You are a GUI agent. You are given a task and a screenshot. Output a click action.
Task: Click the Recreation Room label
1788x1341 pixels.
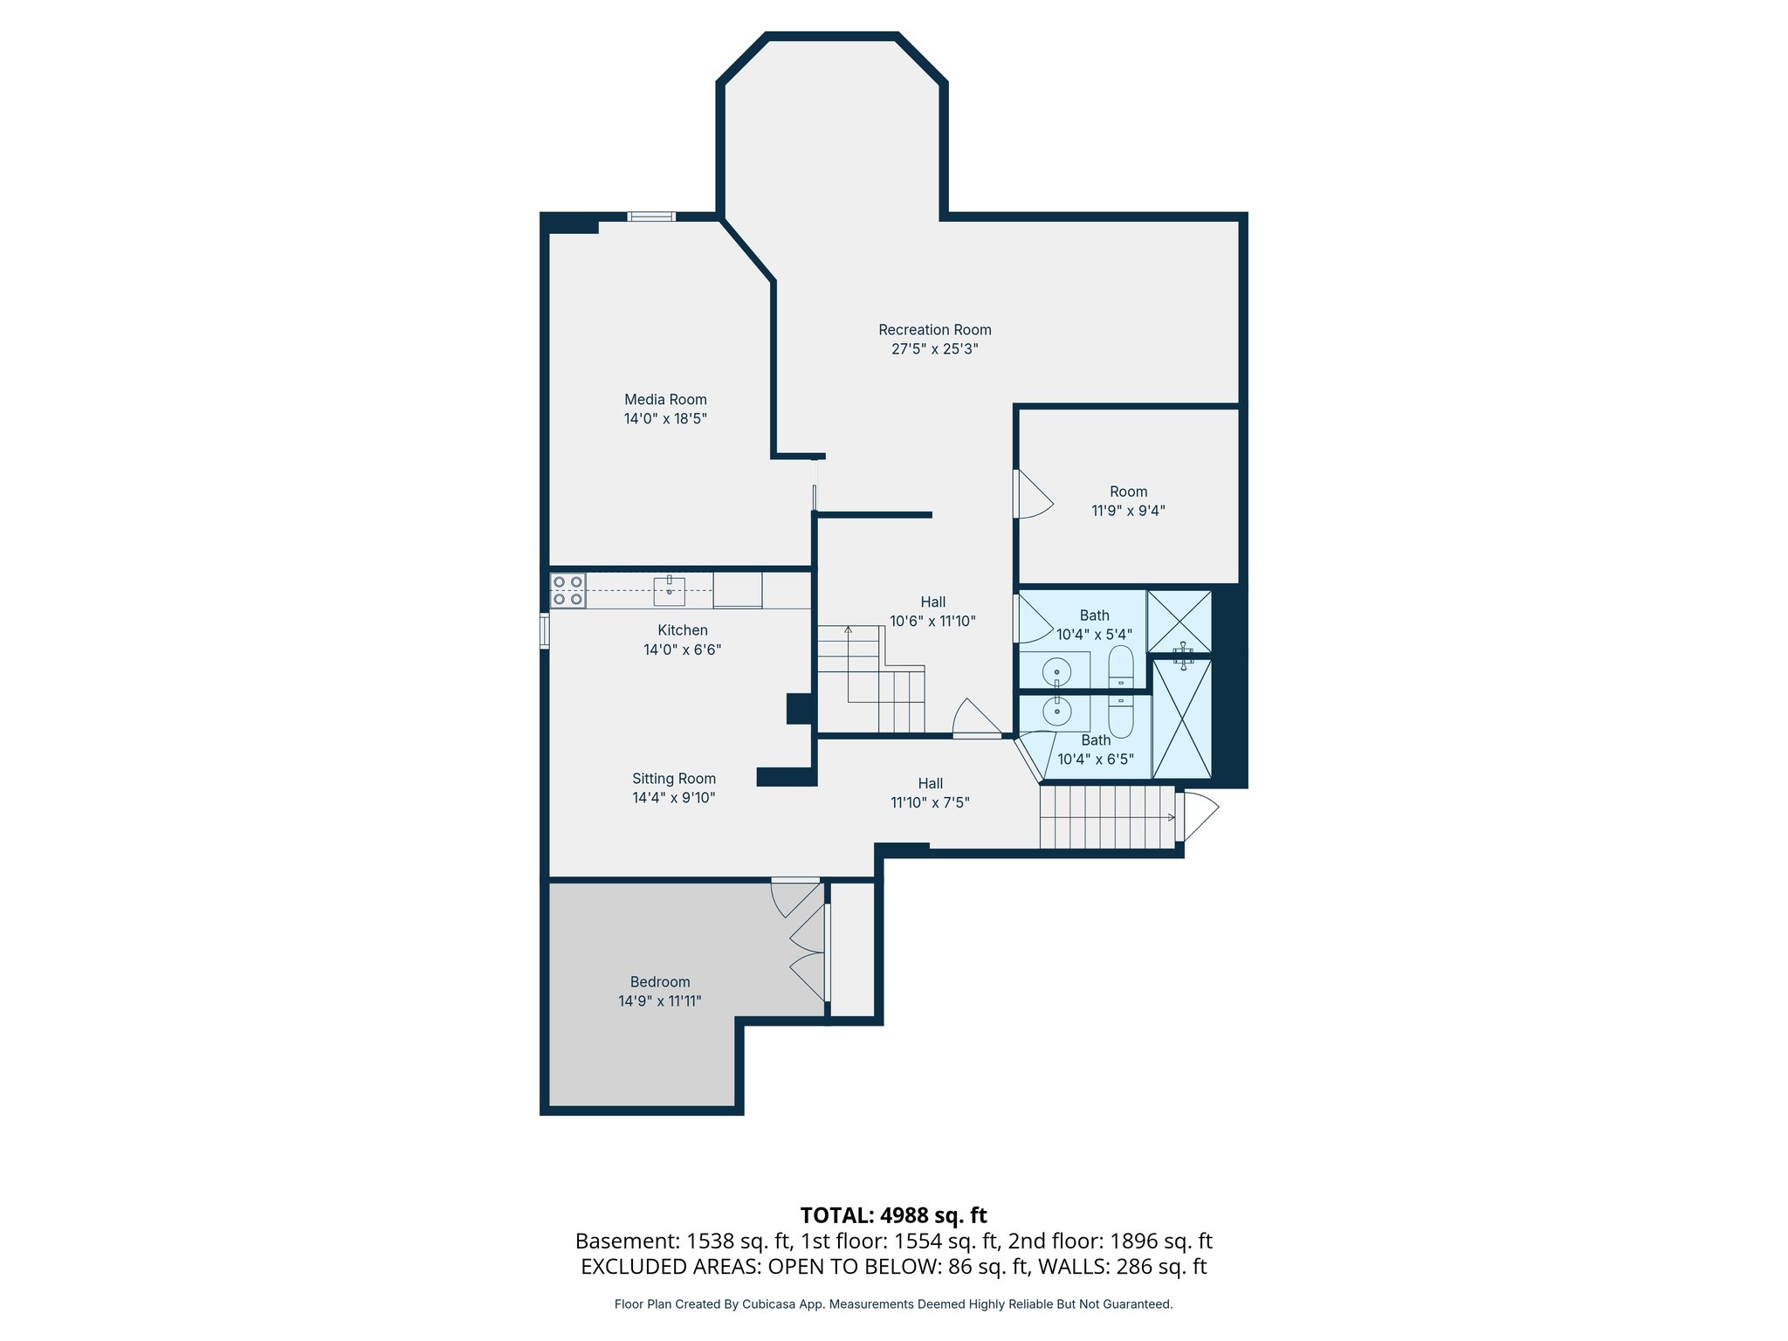[934, 330]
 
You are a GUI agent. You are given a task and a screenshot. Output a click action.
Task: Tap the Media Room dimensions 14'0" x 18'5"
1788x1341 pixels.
[665, 419]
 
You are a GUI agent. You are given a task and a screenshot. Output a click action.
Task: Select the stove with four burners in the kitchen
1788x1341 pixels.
[567, 590]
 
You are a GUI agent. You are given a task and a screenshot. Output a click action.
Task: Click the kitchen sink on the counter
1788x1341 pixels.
[669, 591]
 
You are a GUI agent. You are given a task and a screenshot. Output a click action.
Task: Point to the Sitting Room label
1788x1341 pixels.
[674, 779]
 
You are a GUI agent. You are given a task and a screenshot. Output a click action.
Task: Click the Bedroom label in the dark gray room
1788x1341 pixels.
[660, 982]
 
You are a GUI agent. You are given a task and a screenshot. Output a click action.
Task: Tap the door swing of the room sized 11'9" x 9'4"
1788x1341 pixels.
[1033, 495]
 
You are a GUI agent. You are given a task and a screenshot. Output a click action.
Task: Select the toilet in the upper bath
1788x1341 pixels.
[1121, 667]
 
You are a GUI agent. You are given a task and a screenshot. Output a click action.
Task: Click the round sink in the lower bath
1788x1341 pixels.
[1057, 712]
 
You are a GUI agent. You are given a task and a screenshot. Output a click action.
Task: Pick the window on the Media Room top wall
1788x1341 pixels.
[651, 217]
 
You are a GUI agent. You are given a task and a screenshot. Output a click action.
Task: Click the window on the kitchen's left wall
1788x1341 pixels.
[544, 630]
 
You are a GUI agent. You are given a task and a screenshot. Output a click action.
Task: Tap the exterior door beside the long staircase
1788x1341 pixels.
[1196, 816]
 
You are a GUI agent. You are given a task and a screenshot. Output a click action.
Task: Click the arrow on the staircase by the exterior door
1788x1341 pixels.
[1170, 817]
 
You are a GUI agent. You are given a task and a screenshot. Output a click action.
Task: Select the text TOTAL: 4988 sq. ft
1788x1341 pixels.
[893, 1215]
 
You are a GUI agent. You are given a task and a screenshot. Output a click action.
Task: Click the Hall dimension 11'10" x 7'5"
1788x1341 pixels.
[930, 803]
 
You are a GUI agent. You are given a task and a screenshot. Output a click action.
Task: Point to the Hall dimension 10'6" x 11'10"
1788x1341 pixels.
[932, 622]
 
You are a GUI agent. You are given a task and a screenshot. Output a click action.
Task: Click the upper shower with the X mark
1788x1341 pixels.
[1179, 621]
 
